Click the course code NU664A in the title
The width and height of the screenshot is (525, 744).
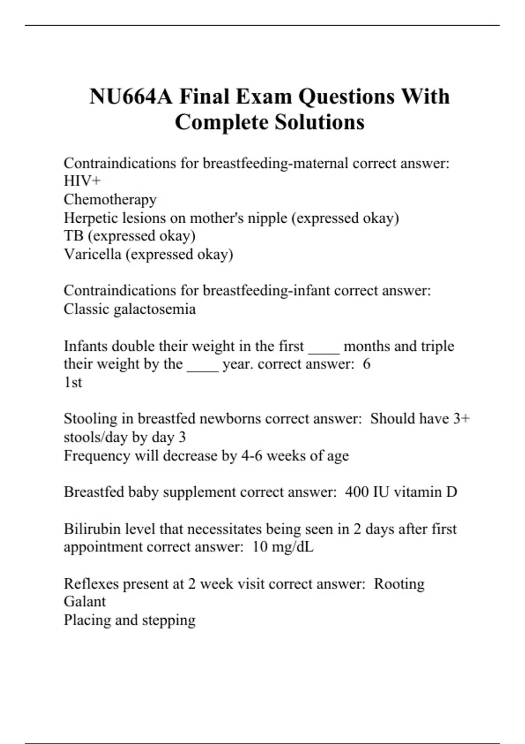click(131, 97)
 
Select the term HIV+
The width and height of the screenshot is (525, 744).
click(82, 181)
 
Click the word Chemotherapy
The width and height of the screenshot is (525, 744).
click(110, 200)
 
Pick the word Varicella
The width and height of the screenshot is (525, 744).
click(92, 254)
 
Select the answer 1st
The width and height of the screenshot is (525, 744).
click(73, 383)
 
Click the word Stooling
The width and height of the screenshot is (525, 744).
click(91, 419)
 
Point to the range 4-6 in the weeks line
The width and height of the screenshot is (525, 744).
click(252, 456)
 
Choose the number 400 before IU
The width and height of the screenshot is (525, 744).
click(357, 492)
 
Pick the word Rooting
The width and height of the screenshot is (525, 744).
click(399, 584)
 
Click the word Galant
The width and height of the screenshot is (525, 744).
click(84, 602)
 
